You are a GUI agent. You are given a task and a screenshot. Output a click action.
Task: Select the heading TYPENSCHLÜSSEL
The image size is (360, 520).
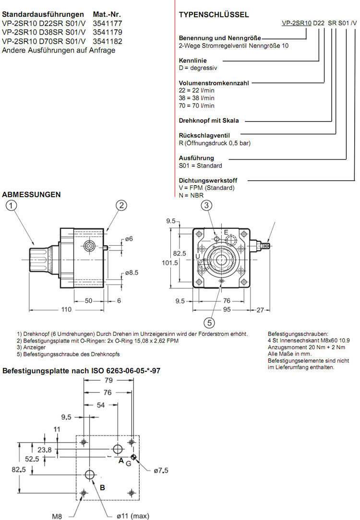pyautogui.click(x=214, y=15)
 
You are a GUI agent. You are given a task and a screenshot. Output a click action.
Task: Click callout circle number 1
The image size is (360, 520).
pyautogui.click(x=12, y=206)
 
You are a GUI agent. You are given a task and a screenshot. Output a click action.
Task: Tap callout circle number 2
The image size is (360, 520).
pyautogui.click(x=122, y=205)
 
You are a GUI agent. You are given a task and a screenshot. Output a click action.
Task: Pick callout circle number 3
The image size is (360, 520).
pyautogui.click(x=206, y=205)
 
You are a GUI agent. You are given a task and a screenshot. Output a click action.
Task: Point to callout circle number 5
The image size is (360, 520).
pyautogui.click(x=209, y=322)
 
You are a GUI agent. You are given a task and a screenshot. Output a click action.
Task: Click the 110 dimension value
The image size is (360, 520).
pyautogui.click(x=65, y=310)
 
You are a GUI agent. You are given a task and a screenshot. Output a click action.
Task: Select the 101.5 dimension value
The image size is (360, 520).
pyautogui.click(x=169, y=262)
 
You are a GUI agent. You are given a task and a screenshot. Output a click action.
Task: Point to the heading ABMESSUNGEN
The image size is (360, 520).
pyautogui.click(x=32, y=194)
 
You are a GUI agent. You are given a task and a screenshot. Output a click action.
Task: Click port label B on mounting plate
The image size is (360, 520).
pyautogui.click(x=102, y=487)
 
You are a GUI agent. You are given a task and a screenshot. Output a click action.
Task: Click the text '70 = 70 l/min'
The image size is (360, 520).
pyautogui.click(x=197, y=106)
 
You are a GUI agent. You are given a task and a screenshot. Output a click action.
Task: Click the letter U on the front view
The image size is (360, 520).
pyautogui.click(x=197, y=257)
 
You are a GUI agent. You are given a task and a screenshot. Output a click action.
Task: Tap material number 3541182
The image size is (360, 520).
pyautogui.click(x=107, y=41)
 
